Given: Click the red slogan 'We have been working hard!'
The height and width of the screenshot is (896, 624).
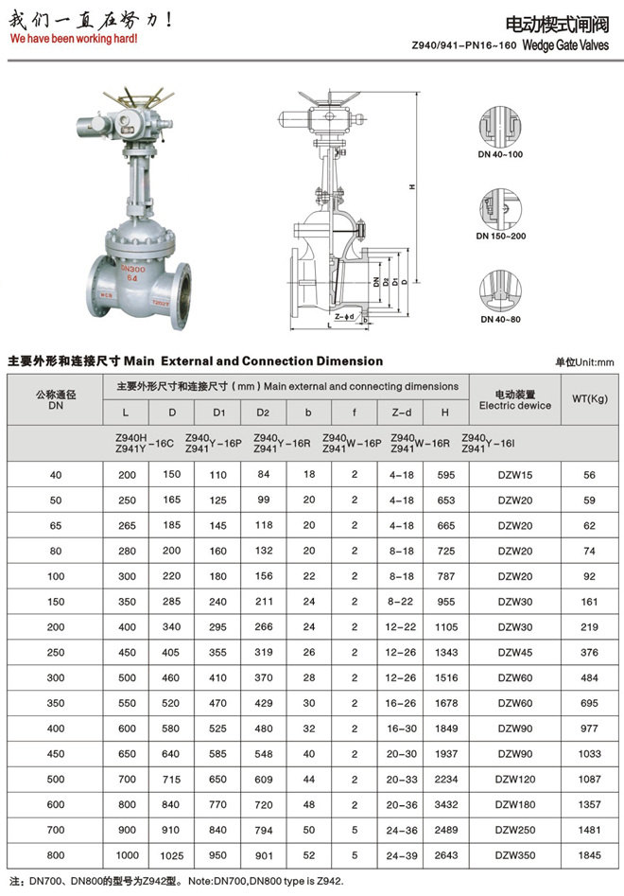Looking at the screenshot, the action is (x=74, y=39).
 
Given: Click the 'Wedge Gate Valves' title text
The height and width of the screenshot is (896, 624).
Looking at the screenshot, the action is (x=565, y=45).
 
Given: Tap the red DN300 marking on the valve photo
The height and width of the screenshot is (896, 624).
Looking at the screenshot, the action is (x=133, y=269).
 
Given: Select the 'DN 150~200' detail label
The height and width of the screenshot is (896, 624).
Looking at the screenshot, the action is (x=501, y=236).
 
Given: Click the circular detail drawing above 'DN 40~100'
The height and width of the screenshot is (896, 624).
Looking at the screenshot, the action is (x=500, y=127).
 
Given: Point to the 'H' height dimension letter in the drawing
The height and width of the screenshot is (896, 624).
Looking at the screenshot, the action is (x=412, y=186).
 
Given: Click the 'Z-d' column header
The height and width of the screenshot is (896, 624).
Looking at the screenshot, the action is (x=401, y=413).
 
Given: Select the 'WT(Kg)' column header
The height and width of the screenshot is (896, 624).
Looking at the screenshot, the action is (x=590, y=399).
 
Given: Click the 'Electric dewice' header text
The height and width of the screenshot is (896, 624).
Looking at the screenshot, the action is (x=515, y=406).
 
